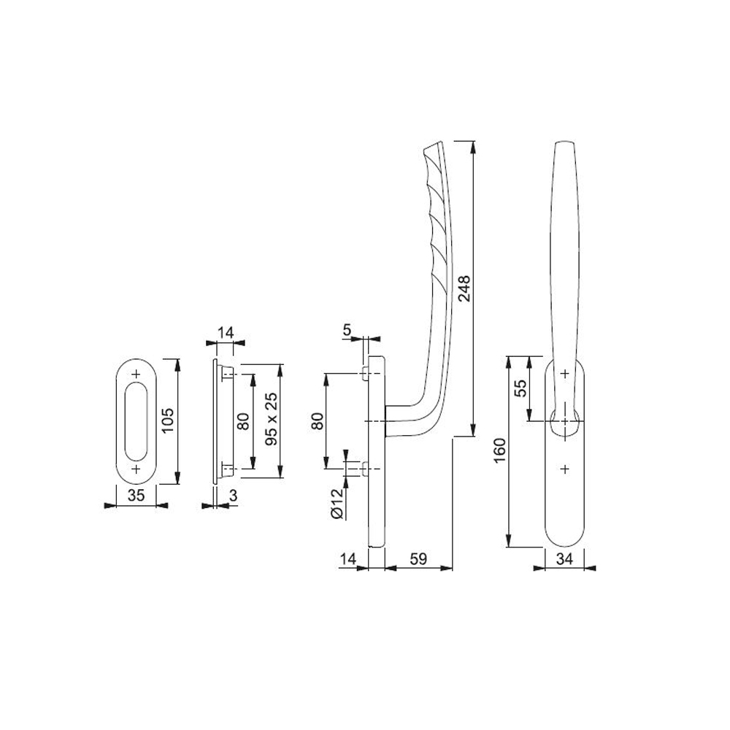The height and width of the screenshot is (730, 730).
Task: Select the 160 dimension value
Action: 499,450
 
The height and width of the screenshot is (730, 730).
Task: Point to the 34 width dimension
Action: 564,558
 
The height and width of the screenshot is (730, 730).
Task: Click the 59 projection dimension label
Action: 418,558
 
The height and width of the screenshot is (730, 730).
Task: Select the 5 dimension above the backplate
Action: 347,330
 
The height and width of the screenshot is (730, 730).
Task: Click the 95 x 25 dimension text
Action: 271,419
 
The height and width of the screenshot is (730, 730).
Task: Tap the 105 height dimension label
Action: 168,420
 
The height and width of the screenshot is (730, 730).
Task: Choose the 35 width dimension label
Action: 136,496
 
